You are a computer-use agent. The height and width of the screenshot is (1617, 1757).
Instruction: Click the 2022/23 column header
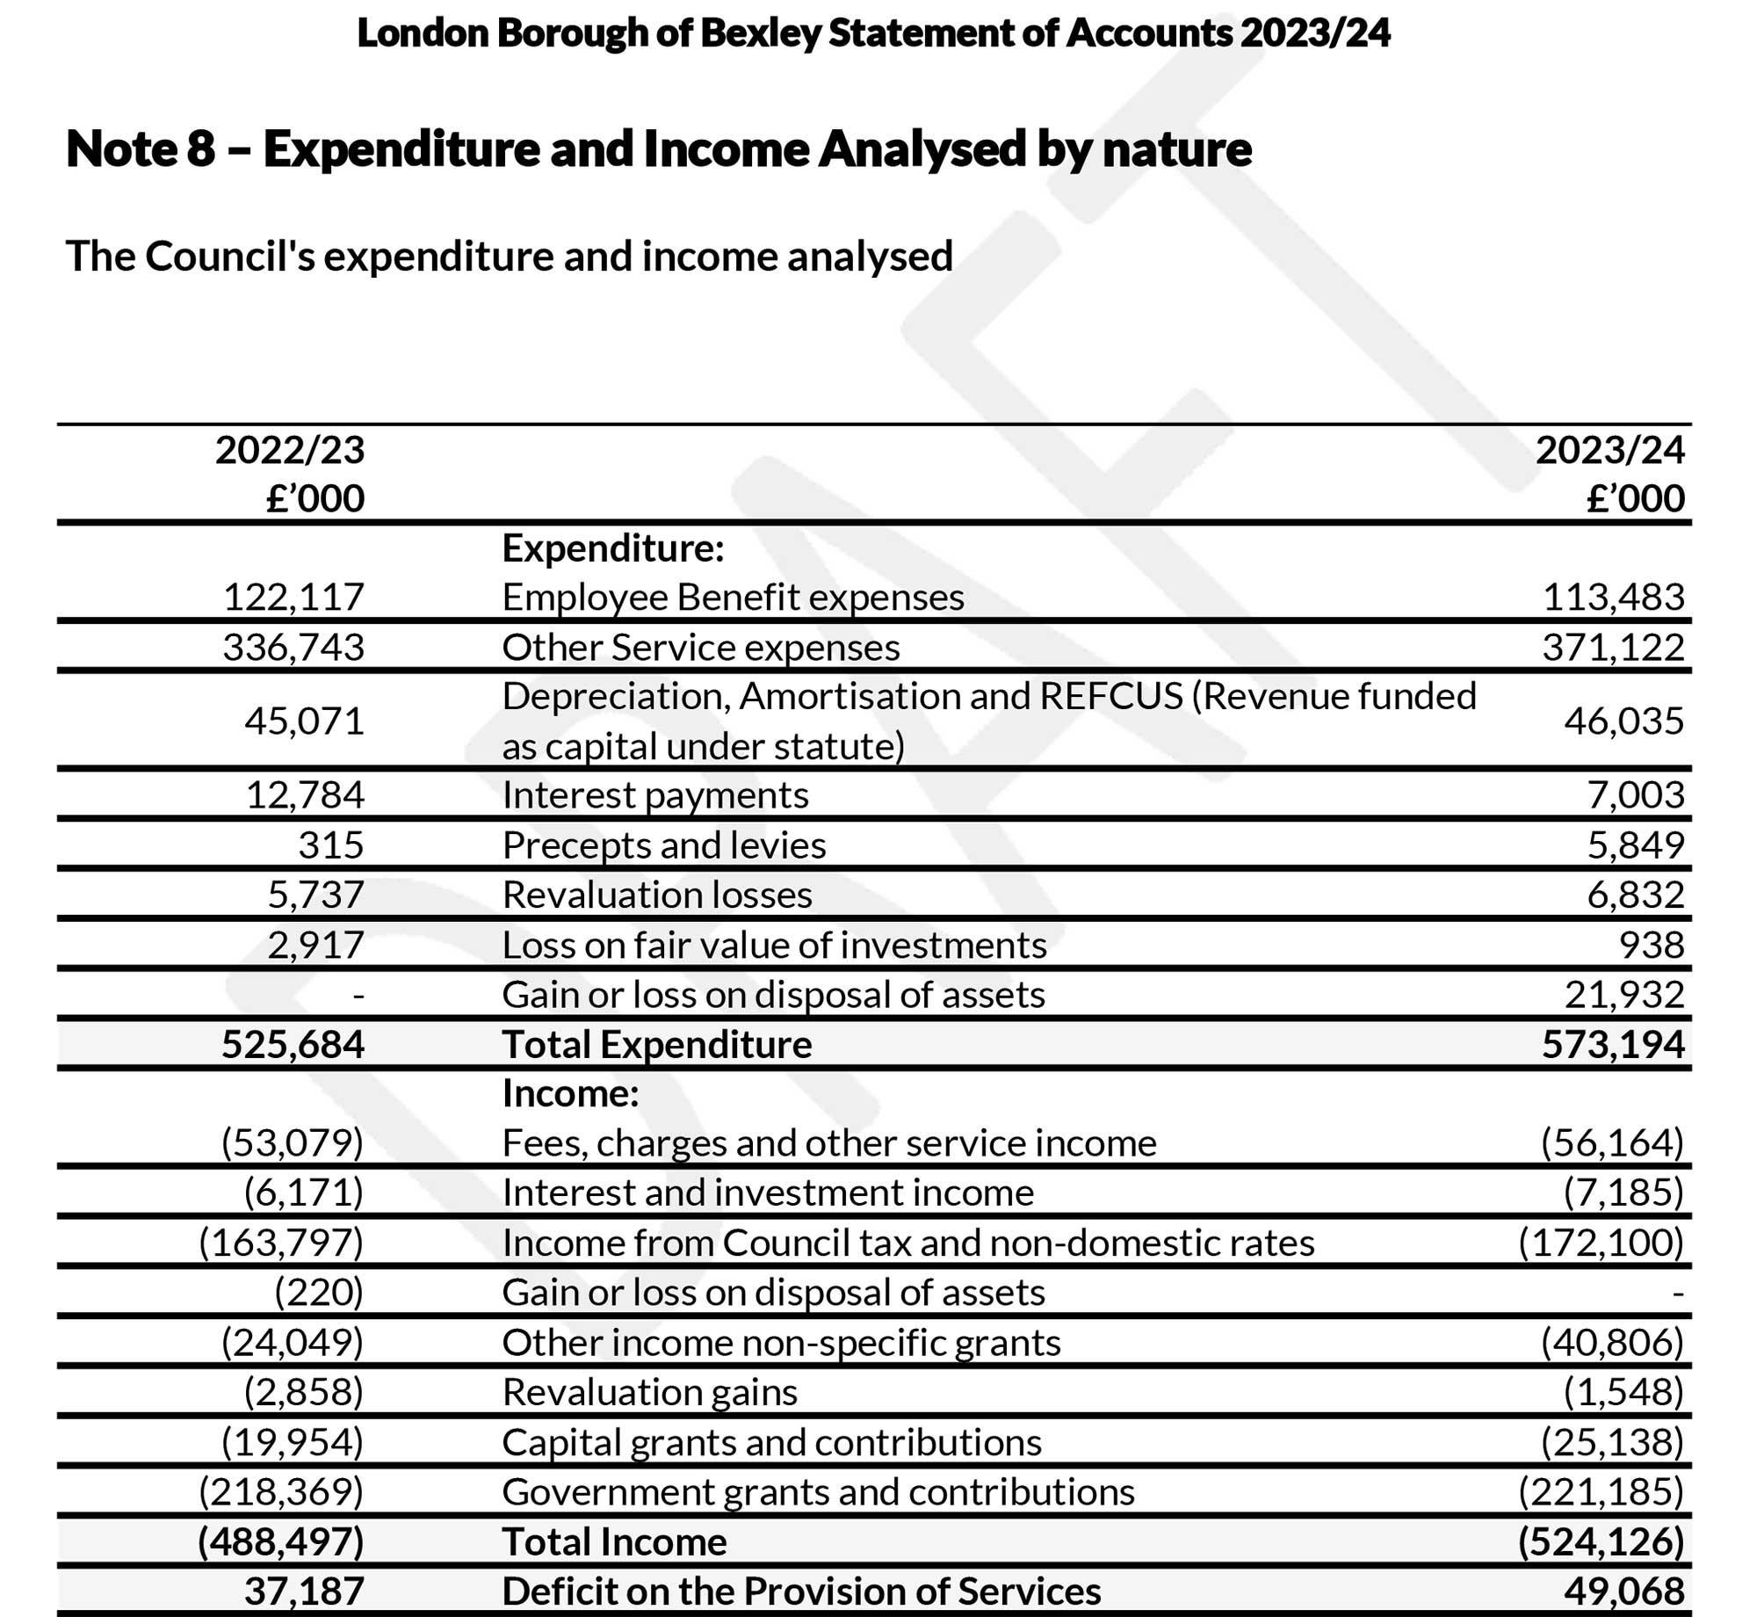click(x=290, y=451)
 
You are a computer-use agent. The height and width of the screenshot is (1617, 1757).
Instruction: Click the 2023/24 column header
click(x=1609, y=451)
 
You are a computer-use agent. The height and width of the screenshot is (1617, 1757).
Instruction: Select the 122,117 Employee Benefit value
click(x=293, y=598)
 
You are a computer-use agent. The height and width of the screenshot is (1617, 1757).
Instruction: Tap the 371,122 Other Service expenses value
click(x=1613, y=648)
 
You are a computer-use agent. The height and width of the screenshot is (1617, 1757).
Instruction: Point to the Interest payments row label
click(x=655, y=795)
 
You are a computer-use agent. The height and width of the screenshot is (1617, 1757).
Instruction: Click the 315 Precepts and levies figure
click(x=330, y=845)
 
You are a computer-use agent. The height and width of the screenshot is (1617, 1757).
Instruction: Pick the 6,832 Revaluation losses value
click(x=1635, y=896)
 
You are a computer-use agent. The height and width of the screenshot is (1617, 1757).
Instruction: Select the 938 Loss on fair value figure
click(x=1651, y=946)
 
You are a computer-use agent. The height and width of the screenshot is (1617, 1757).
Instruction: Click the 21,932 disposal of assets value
click(x=1623, y=995)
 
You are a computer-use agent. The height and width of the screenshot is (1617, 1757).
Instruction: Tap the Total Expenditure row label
click(x=657, y=1045)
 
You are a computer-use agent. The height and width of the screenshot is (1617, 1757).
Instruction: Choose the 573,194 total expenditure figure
click(x=1613, y=1045)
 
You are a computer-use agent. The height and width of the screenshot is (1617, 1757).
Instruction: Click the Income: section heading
click(x=570, y=1094)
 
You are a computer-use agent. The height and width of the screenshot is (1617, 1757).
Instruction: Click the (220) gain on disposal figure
click(x=319, y=1293)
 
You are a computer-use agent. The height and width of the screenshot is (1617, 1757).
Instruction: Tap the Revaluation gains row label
click(x=649, y=1392)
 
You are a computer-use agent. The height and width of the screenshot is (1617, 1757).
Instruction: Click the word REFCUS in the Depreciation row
click(x=1111, y=696)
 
